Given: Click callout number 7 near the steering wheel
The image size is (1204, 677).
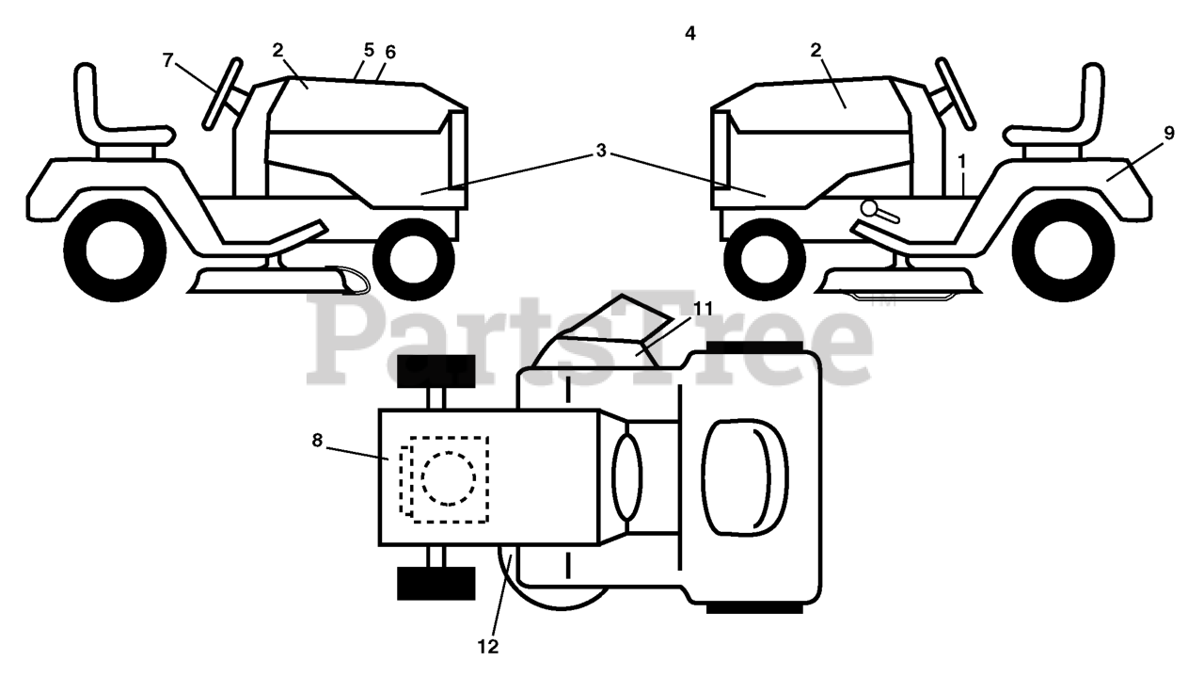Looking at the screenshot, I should tap(167, 60).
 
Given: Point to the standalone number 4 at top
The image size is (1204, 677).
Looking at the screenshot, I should tap(690, 34).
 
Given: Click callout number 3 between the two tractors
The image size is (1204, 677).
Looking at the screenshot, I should tap(601, 152).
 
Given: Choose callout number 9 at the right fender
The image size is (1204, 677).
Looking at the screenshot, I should tap(1169, 134).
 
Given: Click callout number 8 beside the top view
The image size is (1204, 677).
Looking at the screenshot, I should tap(316, 439).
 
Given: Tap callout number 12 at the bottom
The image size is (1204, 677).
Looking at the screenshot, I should tap(488, 647).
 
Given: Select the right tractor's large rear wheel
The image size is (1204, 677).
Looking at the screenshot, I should tap(1069, 251).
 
